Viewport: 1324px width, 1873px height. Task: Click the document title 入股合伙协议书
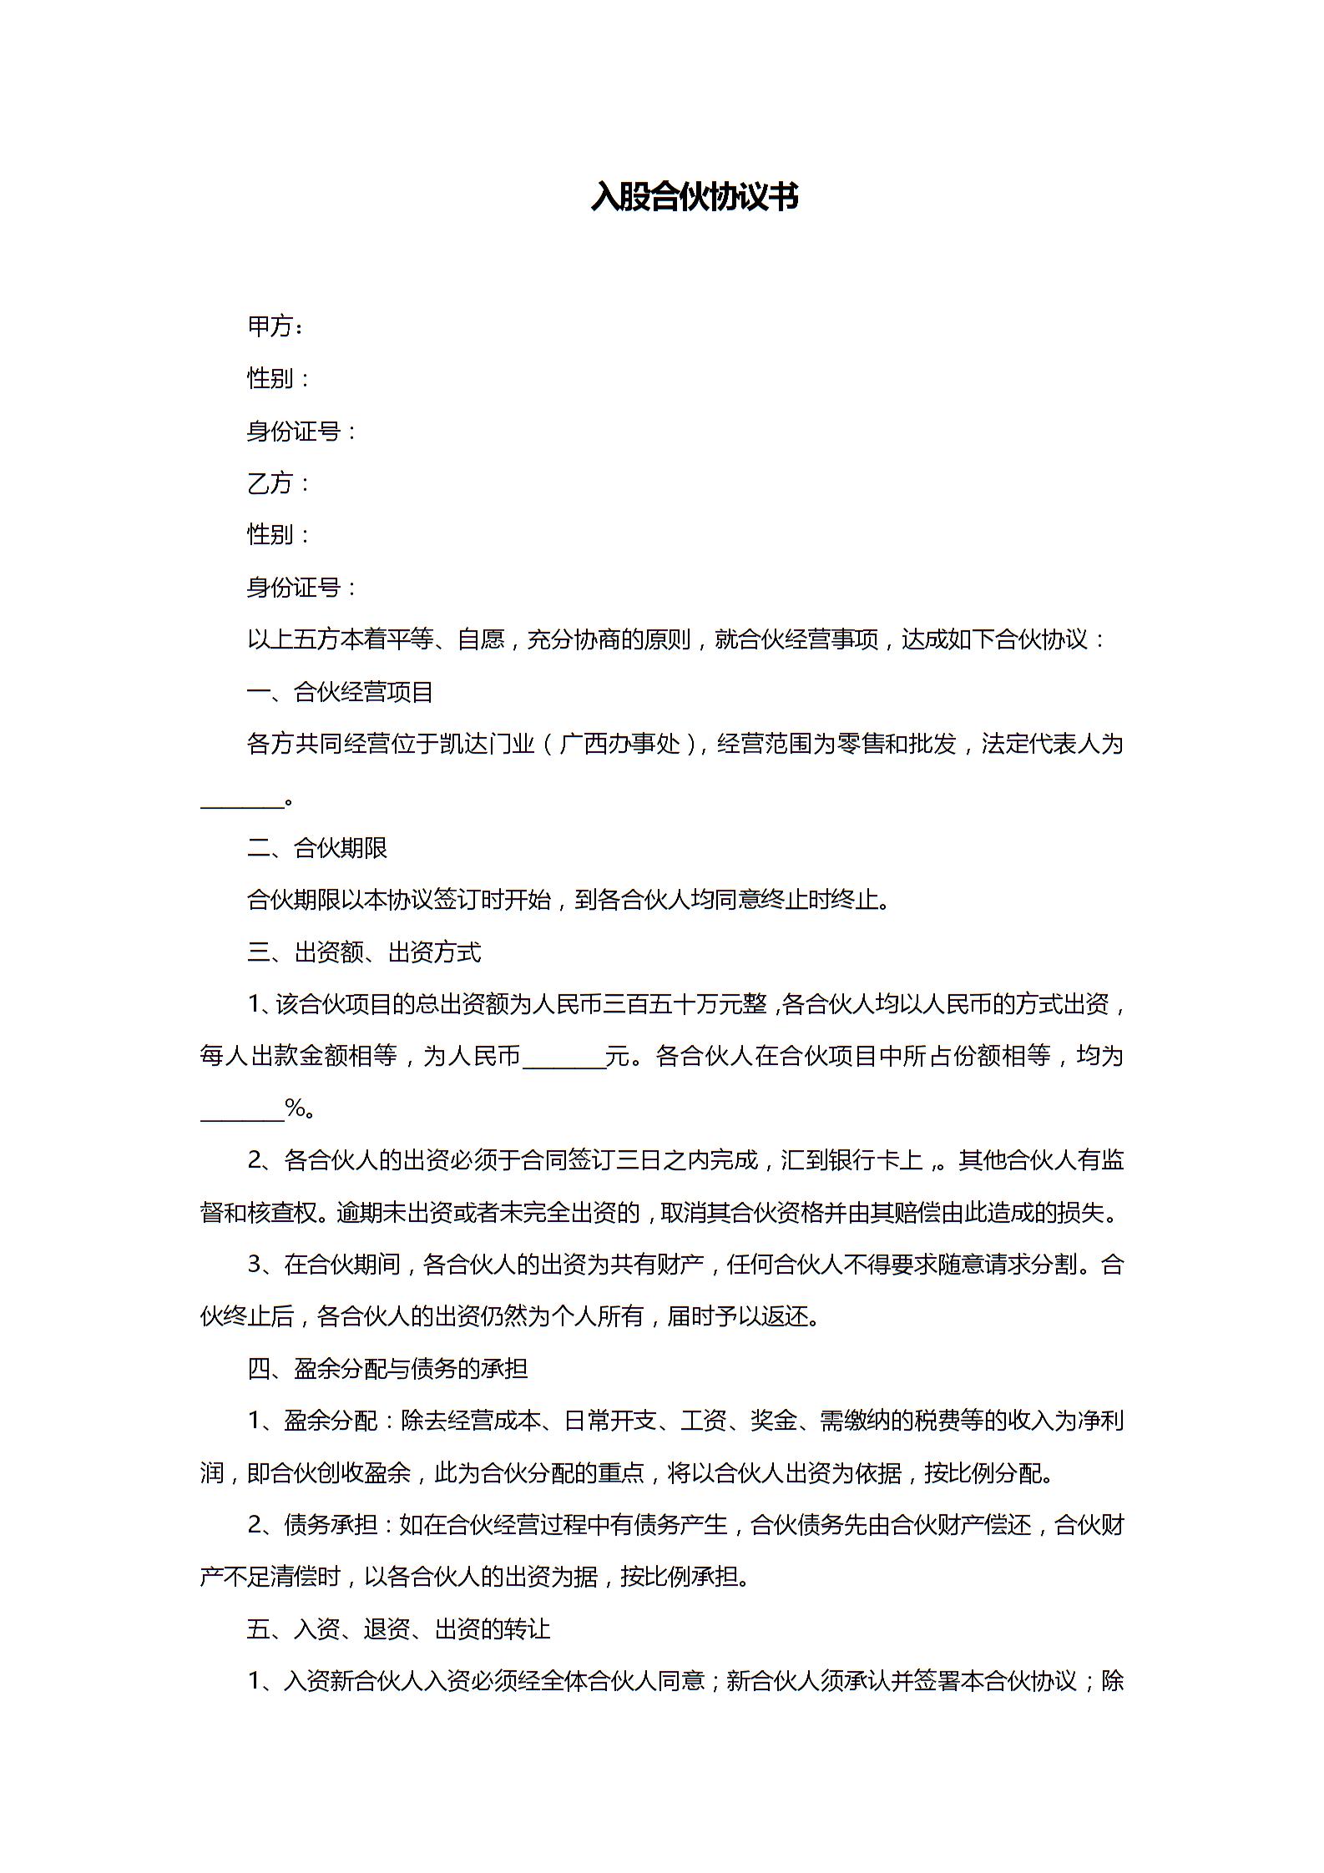[694, 197]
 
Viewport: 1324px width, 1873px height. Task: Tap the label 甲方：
[275, 326]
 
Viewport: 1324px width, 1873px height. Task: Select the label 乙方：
[279, 482]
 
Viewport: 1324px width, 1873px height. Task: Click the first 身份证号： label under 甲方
[302, 431]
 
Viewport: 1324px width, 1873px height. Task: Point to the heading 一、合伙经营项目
[340, 692]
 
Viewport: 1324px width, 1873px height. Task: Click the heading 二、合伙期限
[317, 848]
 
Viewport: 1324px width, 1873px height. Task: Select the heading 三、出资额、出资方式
[364, 952]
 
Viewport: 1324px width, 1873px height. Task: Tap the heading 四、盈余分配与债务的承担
[387, 1369]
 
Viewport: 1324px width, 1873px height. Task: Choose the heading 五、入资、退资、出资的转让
[398, 1629]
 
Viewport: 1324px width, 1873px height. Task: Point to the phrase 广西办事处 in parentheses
[620, 744]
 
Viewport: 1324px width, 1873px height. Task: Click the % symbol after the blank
[295, 1109]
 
